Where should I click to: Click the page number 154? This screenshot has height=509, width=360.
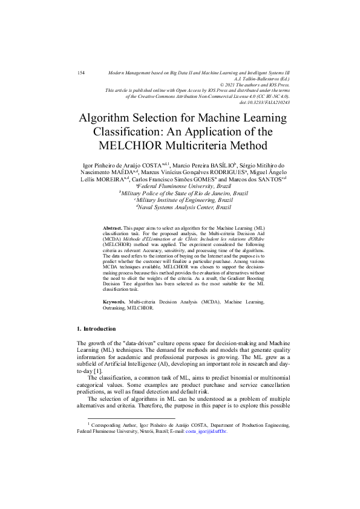click(x=81, y=73)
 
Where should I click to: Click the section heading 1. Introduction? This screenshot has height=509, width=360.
click(x=96, y=328)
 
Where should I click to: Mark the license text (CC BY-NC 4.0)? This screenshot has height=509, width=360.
click(x=267, y=96)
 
